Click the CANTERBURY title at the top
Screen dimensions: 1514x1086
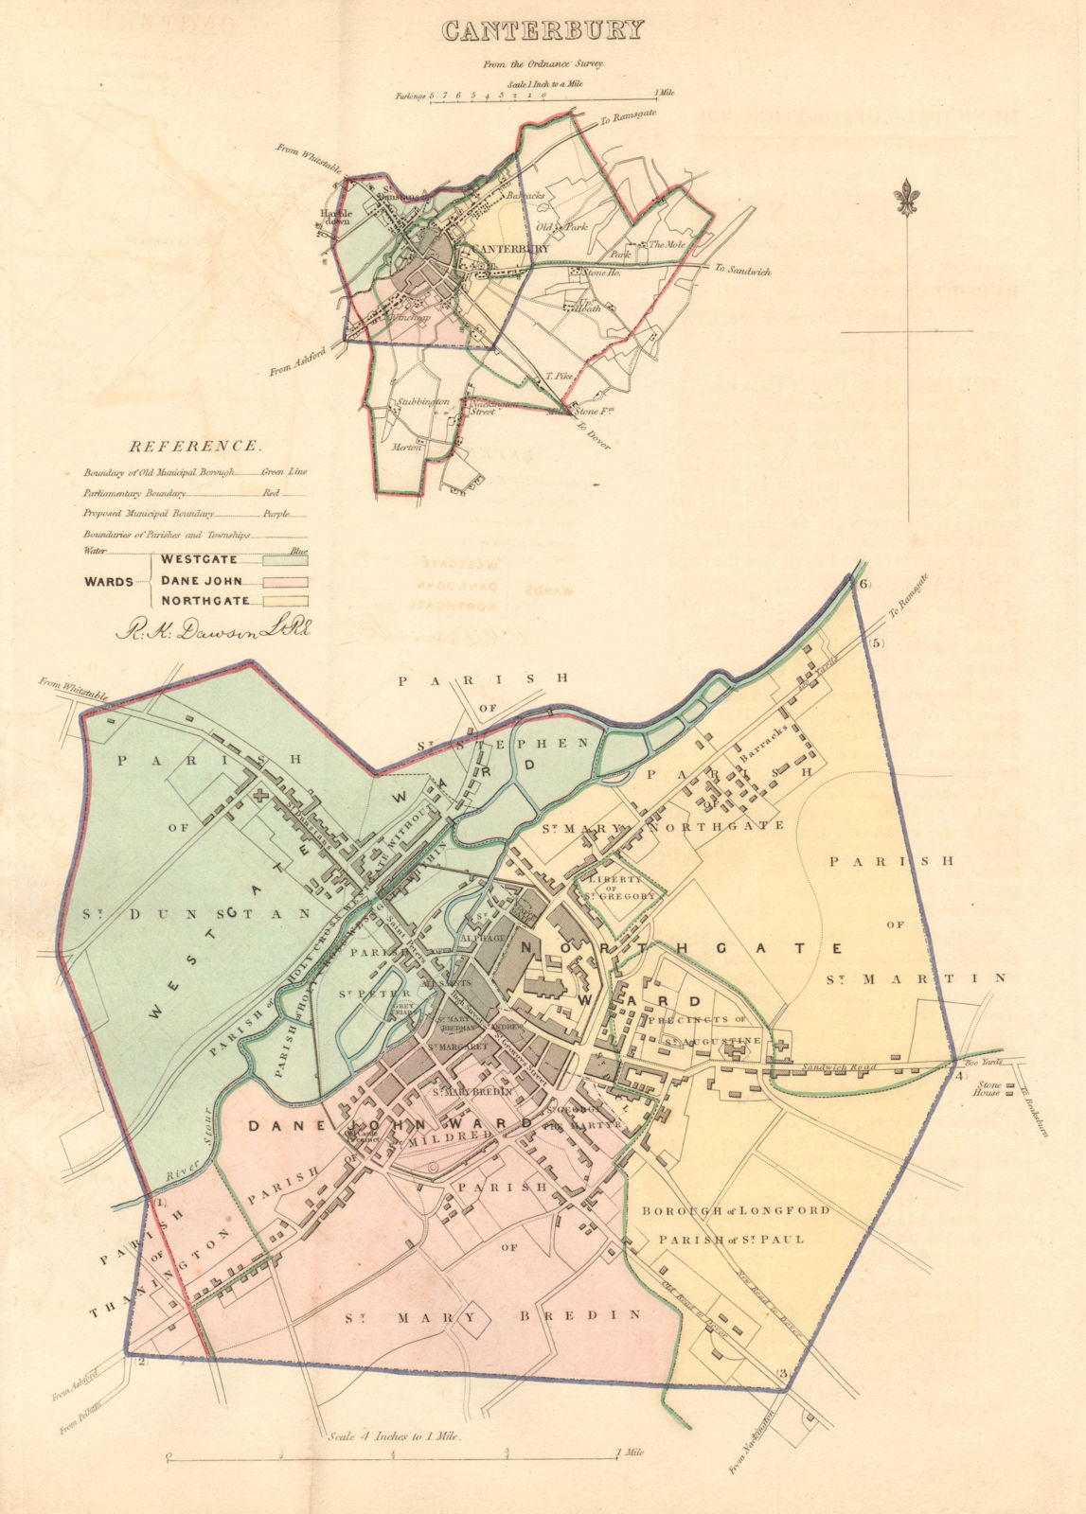[543, 29]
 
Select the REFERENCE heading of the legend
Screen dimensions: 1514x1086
[194, 446]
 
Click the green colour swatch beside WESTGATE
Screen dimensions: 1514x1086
[288, 560]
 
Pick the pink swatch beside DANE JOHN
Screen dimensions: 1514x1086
[288, 581]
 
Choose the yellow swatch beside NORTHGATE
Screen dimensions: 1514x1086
[288, 600]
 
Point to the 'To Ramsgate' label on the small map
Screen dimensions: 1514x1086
[628, 120]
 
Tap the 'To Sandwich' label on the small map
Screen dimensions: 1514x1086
[742, 271]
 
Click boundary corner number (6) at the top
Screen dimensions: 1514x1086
[863, 585]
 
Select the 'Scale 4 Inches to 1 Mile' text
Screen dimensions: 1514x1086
[392, 1435]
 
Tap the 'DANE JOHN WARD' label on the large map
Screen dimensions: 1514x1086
[390, 1125]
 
